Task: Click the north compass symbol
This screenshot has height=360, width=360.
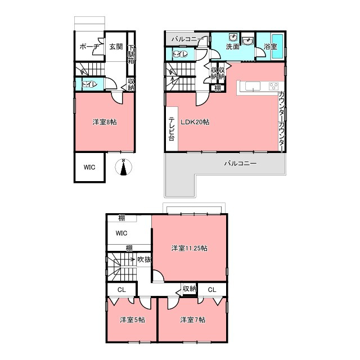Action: pyautogui.click(x=124, y=167)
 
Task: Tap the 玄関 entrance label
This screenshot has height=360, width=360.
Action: pyautogui.click(x=116, y=47)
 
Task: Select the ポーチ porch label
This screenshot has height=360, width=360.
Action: pyautogui.click(x=89, y=47)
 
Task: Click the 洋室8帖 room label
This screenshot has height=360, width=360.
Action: pyautogui.click(x=105, y=122)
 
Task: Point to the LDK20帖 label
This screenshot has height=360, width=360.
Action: pyautogui.click(x=195, y=122)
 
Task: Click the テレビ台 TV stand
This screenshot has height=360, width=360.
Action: pyautogui.click(x=172, y=129)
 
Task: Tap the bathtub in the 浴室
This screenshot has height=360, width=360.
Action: pyautogui.click(x=277, y=47)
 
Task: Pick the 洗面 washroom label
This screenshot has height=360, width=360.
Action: pyautogui.click(x=232, y=47)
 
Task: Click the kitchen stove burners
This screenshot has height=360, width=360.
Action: pyautogui.click(x=274, y=86)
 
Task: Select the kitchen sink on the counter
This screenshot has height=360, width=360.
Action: pyautogui.click(x=253, y=86)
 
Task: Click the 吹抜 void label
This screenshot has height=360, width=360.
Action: pyautogui.click(x=144, y=259)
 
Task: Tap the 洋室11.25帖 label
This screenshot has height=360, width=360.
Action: pyautogui.click(x=190, y=248)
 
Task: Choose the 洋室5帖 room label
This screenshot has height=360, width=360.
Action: pyautogui.click(x=133, y=320)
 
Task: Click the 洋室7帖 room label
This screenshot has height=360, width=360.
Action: pyautogui.click(x=192, y=320)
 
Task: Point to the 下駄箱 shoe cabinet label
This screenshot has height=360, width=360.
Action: pyautogui.click(x=131, y=54)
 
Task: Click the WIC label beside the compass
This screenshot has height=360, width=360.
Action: pyautogui.click(x=89, y=168)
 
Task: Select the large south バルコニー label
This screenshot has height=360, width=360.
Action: pyautogui.click(x=240, y=164)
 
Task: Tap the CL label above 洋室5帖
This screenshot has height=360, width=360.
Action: pyautogui.click(x=121, y=290)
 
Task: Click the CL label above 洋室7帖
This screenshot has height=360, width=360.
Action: pyautogui.click(x=212, y=290)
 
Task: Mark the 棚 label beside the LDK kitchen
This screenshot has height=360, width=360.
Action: pyautogui.click(x=218, y=88)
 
